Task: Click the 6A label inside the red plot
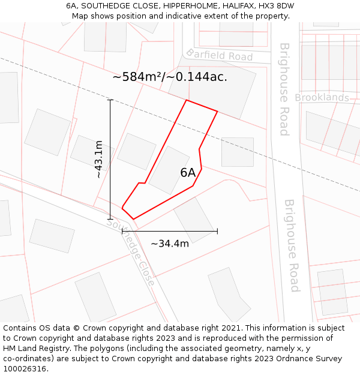188,173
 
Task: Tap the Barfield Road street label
219,55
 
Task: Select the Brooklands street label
322,98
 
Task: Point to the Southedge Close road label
131,251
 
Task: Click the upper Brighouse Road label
284,89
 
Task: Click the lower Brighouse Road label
291,245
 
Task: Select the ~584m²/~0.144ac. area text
170,77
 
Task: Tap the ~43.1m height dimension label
99,160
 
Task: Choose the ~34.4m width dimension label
169,244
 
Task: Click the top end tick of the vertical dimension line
110,100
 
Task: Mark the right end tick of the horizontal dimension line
217,231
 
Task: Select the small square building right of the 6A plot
237,152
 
